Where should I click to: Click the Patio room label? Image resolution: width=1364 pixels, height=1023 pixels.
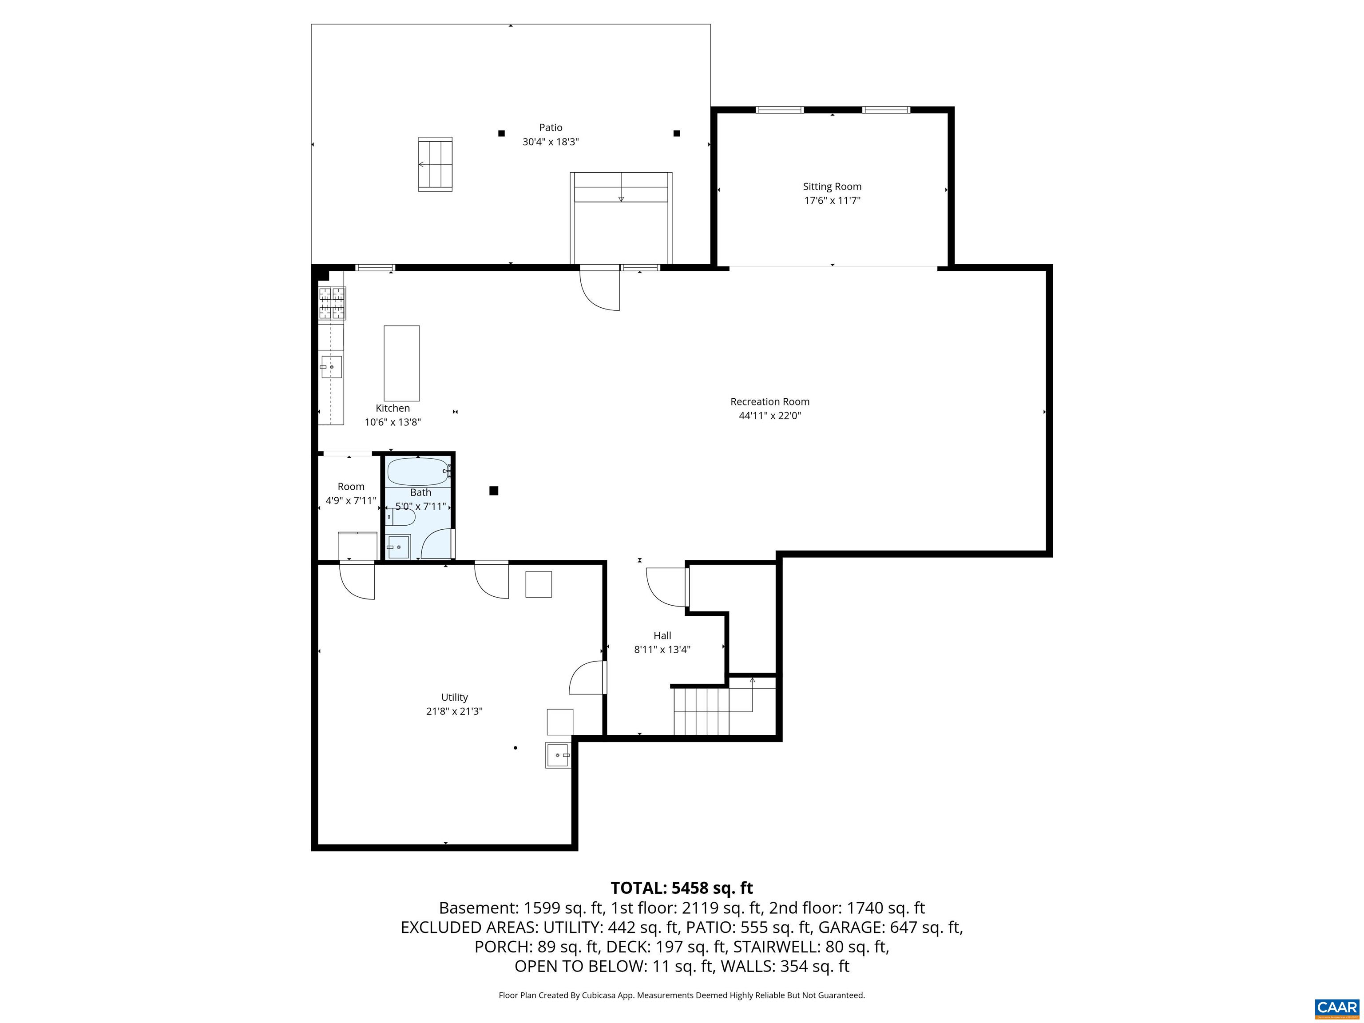coord(550,127)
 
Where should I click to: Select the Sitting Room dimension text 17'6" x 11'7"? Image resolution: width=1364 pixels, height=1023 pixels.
coord(832,200)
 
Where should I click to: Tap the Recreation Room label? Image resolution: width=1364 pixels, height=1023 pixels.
coord(769,401)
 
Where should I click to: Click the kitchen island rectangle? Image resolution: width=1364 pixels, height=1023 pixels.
coord(401,363)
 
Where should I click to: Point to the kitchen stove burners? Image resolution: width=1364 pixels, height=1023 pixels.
coord(332,303)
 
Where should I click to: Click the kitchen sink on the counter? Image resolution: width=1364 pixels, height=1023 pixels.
coord(331,367)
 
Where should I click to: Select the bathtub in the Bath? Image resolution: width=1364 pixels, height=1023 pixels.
coord(417,472)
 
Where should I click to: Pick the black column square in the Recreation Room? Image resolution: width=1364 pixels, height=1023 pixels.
coord(493,491)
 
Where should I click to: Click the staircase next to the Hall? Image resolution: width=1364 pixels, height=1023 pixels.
coord(701,711)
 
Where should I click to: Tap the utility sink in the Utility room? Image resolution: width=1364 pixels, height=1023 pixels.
coord(557,755)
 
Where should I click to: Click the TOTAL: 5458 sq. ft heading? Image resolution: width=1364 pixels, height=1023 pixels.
coord(682,888)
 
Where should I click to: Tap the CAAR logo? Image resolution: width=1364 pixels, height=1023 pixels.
coord(1336,1007)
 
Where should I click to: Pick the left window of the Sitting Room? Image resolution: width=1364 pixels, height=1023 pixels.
coord(779,110)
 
